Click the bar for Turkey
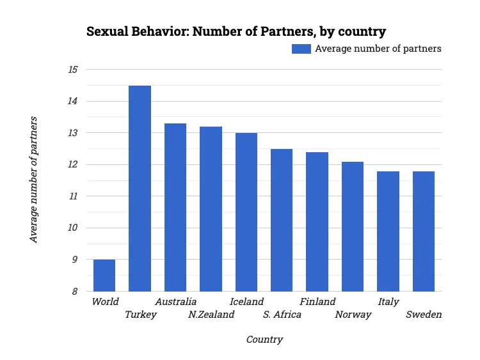pyautogui.click(x=140, y=189)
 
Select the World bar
pyautogui.click(x=104, y=275)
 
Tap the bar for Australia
pyautogui.click(x=175, y=207)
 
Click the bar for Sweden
pyautogui.click(x=423, y=231)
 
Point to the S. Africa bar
pyautogui.click(x=282, y=220)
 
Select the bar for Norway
pyautogui.click(x=353, y=226)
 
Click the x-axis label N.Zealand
pyautogui.click(x=211, y=315)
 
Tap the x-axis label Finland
pyautogui.click(x=317, y=302)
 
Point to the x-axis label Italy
pyautogui.click(x=388, y=302)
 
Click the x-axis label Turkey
pyautogui.click(x=141, y=315)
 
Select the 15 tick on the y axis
pyautogui.click(x=73, y=70)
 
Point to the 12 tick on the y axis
pyautogui.click(x=73, y=165)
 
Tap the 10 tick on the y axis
pyautogui.click(x=73, y=228)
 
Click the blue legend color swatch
pyautogui.click(x=301, y=49)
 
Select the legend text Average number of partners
pyautogui.click(x=378, y=49)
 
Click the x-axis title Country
pyautogui.click(x=264, y=340)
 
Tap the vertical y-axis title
pyautogui.click(x=34, y=180)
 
